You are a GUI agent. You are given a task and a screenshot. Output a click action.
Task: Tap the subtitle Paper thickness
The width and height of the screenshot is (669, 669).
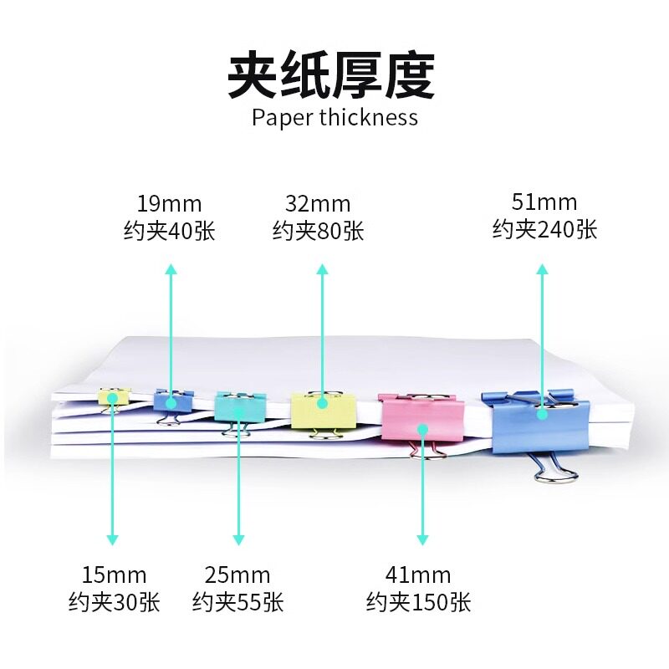coord(334,117)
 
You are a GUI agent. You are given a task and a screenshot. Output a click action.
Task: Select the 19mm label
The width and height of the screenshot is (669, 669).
coord(169,203)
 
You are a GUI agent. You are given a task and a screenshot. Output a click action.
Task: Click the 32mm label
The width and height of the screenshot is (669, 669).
coord(318,203)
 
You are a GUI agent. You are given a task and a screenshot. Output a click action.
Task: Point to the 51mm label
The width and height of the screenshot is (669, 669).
coord(544,202)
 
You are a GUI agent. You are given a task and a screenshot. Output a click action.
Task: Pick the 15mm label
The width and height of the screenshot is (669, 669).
coord(114,575)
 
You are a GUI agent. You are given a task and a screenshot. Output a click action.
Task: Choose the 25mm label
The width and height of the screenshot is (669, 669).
coord(237,575)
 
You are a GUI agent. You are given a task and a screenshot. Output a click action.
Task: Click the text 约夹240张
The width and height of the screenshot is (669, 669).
coord(544,229)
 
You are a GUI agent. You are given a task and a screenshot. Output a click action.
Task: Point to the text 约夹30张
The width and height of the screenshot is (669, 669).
coord(114,602)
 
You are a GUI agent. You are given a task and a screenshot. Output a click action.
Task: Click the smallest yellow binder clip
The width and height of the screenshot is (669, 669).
coord(114,396)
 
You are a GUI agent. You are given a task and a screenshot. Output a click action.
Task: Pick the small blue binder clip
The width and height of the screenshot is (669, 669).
coord(171,401)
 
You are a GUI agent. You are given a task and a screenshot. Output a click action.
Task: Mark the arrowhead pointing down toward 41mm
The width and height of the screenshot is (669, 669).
coord(423,539)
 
